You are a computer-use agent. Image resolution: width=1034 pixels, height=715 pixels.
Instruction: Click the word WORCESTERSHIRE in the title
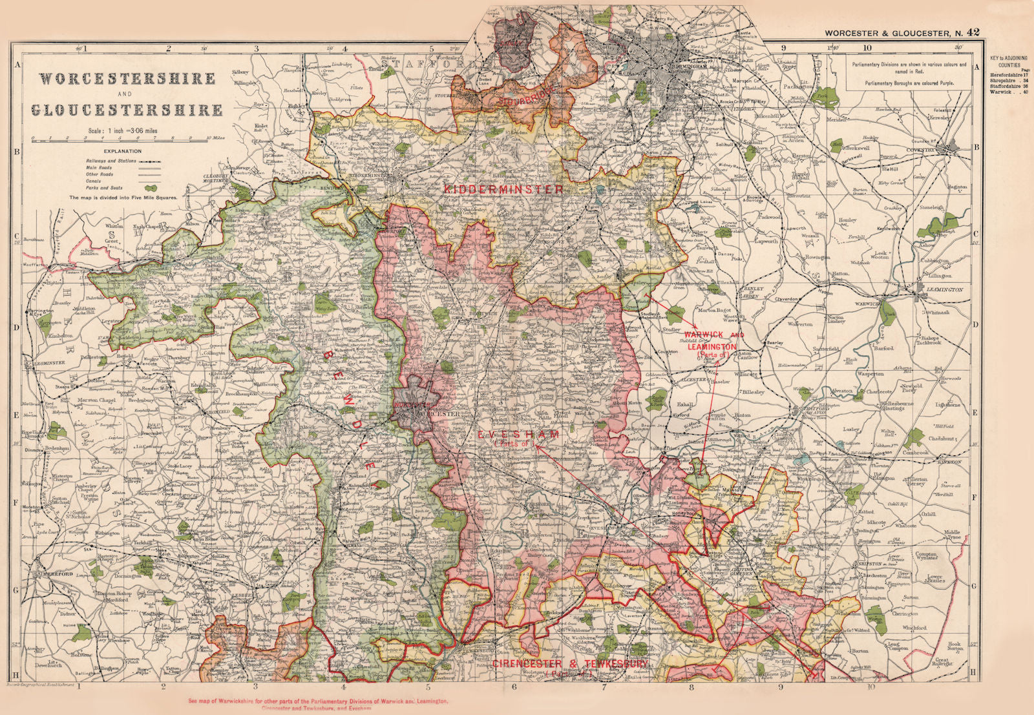127,79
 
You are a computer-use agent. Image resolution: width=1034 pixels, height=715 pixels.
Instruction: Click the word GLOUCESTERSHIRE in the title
127,110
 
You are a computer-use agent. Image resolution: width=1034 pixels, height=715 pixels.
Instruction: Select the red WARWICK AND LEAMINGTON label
713,341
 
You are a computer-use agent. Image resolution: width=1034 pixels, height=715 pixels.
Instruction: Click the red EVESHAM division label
518,435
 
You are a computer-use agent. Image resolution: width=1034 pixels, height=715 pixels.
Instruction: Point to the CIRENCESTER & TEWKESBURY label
569,664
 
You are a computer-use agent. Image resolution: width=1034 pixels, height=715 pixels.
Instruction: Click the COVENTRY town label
920,150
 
